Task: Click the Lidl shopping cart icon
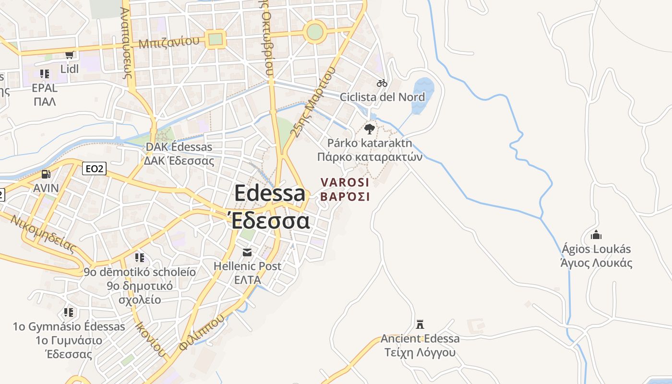tap(70, 55)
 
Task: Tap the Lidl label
tap(70, 69)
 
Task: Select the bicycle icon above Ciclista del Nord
tap(382, 83)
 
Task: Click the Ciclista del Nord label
tap(382, 97)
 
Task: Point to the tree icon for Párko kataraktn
tap(369, 129)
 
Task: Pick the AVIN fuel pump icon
tap(46, 174)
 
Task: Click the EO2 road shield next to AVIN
tap(94, 168)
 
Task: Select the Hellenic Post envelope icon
tap(247, 252)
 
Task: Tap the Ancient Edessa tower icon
tap(420, 324)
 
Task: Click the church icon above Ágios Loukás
tap(596, 235)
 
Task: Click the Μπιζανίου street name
tap(169, 42)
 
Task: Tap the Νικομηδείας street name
tap(43, 234)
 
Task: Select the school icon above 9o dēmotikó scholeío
tap(140, 258)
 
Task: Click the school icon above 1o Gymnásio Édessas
tap(69, 312)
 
